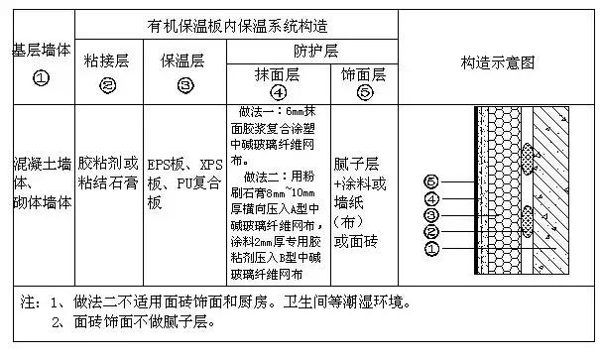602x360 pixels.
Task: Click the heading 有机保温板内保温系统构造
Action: (x=238, y=25)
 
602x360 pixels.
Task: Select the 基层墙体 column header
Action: (x=41, y=50)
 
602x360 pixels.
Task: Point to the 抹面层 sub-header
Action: (x=278, y=74)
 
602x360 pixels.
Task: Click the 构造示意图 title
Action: (x=499, y=61)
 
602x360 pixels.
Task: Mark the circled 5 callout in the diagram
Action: (x=430, y=180)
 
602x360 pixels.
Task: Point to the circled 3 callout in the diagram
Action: (x=430, y=214)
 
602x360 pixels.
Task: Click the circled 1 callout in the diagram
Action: (x=430, y=248)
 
